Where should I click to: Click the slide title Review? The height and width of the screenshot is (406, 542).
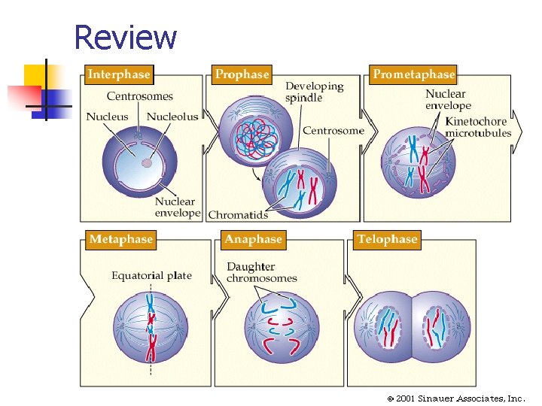coord(125,37)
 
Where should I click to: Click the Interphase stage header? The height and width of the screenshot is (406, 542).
coord(118,74)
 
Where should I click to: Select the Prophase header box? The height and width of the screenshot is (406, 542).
coord(242,74)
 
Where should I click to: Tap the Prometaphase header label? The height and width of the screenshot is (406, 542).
coord(413,74)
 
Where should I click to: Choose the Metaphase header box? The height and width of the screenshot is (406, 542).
coord(120,239)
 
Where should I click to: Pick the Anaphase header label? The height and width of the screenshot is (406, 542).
coord(253,239)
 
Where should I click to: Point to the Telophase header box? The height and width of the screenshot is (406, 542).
coord(386,239)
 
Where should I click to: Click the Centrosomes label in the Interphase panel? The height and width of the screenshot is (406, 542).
coord(139,96)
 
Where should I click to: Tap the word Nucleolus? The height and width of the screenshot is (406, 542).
coord(172,117)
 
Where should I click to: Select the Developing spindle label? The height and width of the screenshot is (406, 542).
coord(314,92)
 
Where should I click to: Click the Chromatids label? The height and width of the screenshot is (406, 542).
coord(238,215)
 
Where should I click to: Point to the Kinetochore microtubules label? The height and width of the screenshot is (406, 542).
coord(477,127)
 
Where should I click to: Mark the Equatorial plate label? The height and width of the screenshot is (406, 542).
coord(151,275)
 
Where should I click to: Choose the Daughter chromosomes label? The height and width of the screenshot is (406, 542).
coord(261,272)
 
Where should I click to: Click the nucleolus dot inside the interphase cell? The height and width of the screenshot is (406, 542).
coord(147,162)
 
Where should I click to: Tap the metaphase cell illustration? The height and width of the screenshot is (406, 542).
coord(151,328)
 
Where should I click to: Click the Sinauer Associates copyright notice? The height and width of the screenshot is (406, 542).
coord(455,398)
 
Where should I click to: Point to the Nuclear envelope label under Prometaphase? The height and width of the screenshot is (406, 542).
coord(448,99)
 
